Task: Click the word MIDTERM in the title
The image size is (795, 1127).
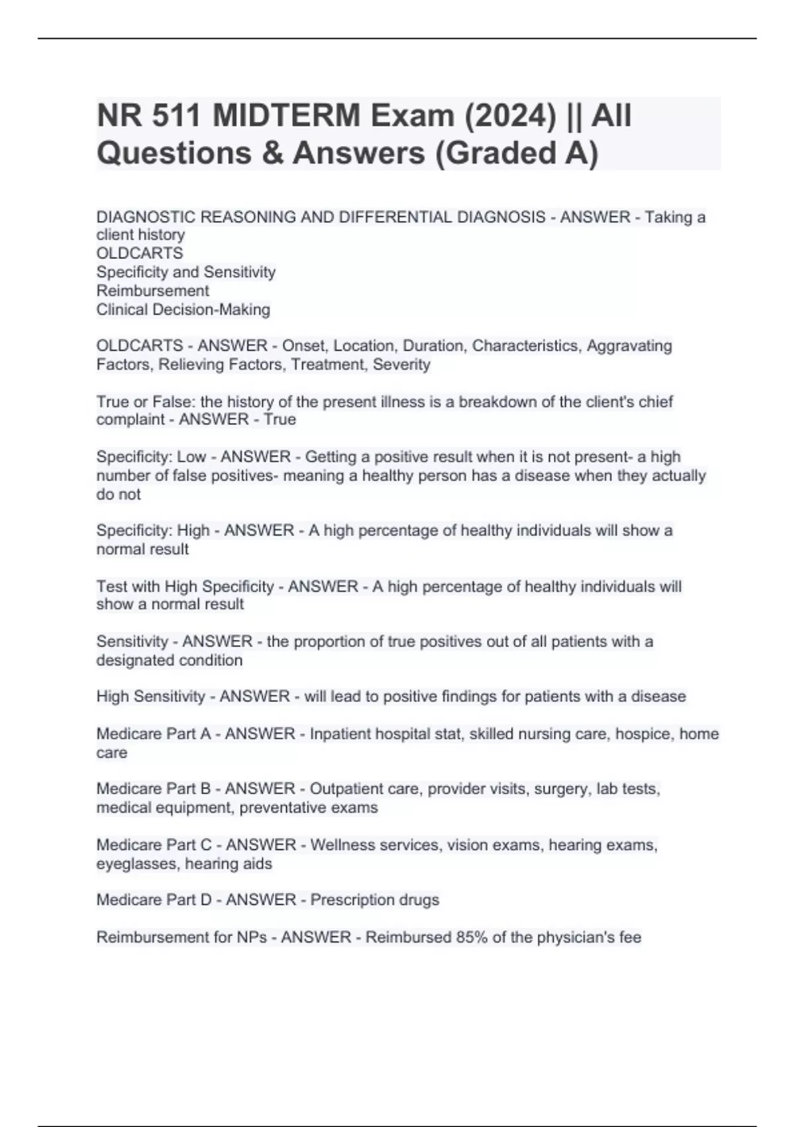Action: [287, 116]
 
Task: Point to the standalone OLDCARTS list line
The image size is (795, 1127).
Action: [140, 253]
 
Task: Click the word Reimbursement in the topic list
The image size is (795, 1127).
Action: [152, 290]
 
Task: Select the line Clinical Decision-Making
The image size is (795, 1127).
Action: [183, 309]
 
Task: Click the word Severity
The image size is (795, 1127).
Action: [401, 364]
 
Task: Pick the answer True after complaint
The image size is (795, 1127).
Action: [280, 419]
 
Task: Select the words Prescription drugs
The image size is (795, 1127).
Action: [374, 900]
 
